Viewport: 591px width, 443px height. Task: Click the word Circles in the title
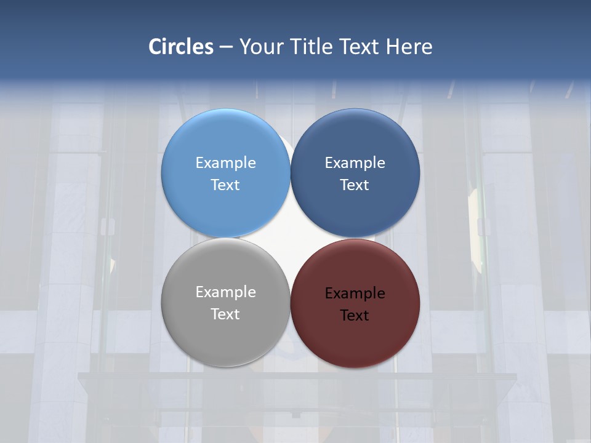(181, 47)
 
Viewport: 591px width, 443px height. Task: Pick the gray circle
(225, 335)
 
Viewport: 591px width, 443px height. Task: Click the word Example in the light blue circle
(225, 163)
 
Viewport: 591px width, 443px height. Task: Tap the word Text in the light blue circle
(225, 185)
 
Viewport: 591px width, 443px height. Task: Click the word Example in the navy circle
(355, 163)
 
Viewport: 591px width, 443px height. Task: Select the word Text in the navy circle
(355, 185)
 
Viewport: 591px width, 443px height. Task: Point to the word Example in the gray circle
(225, 292)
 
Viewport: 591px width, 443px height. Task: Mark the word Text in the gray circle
(225, 314)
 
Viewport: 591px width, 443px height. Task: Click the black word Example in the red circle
(355, 293)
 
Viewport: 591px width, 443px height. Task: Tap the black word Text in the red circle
(355, 316)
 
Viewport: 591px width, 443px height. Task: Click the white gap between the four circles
(290, 237)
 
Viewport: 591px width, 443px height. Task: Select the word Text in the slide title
(361, 47)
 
